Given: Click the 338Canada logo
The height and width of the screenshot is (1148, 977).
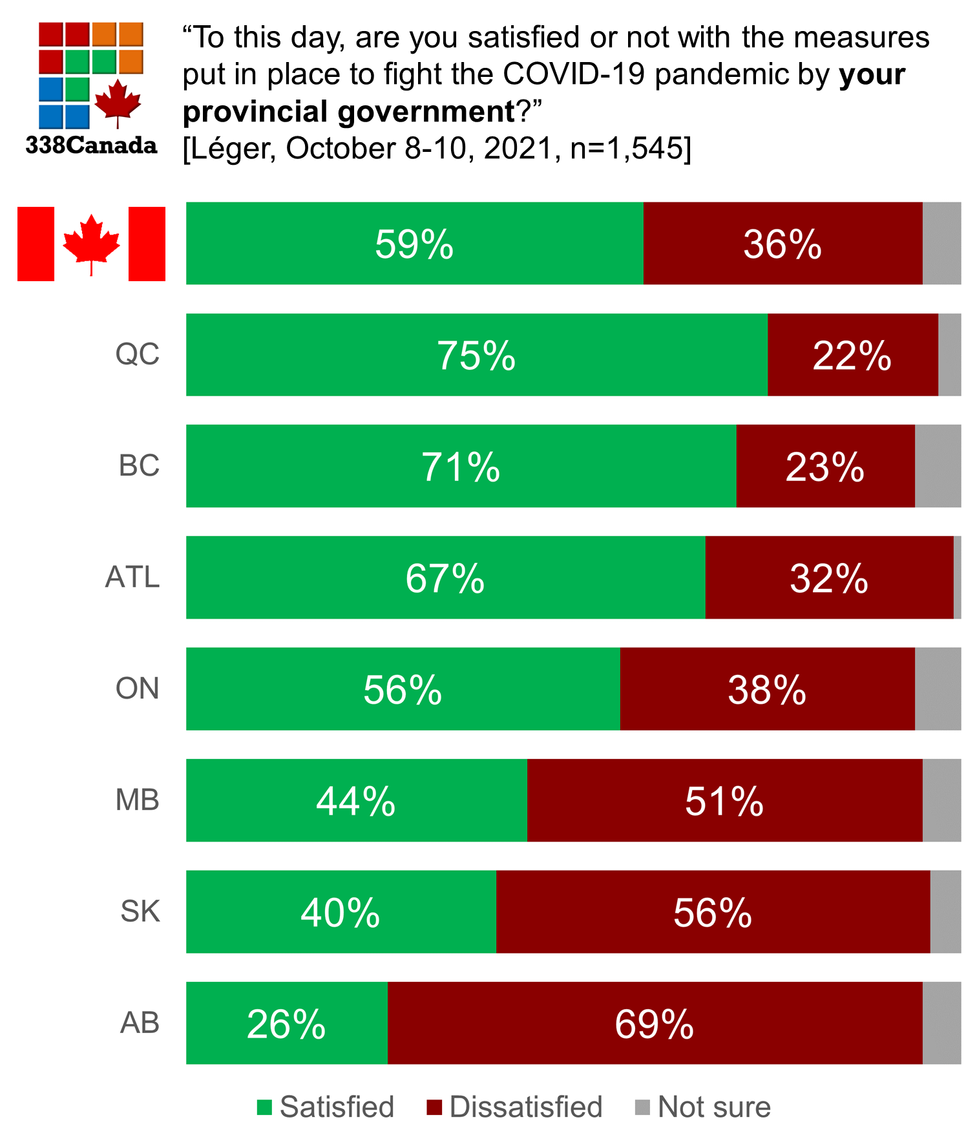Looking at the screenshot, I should pos(91,87).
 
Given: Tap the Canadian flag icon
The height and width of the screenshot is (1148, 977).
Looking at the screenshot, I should pos(91,244).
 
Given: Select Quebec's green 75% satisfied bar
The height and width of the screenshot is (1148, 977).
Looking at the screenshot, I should pos(476,355).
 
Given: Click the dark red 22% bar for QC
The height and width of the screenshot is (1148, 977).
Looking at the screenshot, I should pos(852,355).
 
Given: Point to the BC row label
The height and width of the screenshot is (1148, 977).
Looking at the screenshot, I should pos(139,466).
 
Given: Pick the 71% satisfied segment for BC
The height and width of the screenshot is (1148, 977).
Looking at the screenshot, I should pos(461,466).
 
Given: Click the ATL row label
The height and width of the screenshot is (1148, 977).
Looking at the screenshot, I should pos(132,577).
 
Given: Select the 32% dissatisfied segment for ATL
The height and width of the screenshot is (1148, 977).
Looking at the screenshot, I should pos(829,577).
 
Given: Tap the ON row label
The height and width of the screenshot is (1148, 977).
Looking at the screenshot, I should pos(137,688).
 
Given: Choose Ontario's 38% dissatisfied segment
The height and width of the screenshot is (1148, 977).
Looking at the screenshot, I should pos(767,689).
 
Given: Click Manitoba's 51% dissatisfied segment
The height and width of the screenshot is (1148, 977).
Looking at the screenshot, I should pos(724,800).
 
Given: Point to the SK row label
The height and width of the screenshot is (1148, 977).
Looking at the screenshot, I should pos(140,911).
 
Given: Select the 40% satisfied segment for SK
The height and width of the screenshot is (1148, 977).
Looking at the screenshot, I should pos(341,911).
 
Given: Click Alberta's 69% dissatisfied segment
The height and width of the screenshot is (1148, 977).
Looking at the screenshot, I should pos(655,1023).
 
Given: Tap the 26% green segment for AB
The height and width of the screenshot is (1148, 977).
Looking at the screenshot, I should pos(286,1023).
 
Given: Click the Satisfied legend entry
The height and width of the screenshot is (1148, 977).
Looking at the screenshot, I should pos(326,1107).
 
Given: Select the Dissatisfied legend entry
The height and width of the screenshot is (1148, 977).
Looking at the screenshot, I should pos(515,1107).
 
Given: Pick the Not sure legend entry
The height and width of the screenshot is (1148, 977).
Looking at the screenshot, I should pos(704,1107).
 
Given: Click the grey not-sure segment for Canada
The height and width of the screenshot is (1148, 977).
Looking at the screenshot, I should pos(941,243).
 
